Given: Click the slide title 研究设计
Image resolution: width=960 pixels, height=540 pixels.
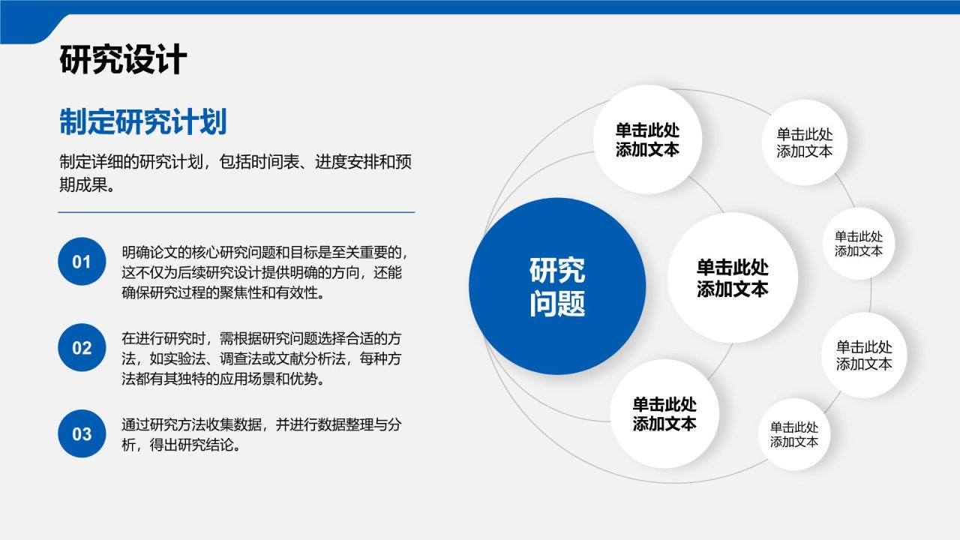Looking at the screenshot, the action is tap(124, 59).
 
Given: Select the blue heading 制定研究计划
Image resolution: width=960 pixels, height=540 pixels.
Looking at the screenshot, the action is tap(142, 122).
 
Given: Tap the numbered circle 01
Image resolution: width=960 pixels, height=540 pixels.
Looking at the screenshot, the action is tap(82, 262).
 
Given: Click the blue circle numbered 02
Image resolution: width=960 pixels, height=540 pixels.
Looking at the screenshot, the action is tap(82, 347).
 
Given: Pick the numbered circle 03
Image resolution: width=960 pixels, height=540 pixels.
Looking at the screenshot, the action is tap(82, 433).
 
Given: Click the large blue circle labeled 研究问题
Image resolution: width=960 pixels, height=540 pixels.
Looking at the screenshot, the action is tap(557, 286).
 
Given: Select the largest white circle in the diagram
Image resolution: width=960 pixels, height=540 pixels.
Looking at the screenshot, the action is tap(733, 277).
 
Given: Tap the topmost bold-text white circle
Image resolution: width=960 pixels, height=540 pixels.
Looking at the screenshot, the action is tap(647, 139).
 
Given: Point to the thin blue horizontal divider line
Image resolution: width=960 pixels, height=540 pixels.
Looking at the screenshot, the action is tap(236, 212).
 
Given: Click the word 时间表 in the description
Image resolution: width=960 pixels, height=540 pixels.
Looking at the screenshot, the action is tap(275, 162).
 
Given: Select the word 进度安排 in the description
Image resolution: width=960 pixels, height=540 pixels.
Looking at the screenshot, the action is tap(347, 162).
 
